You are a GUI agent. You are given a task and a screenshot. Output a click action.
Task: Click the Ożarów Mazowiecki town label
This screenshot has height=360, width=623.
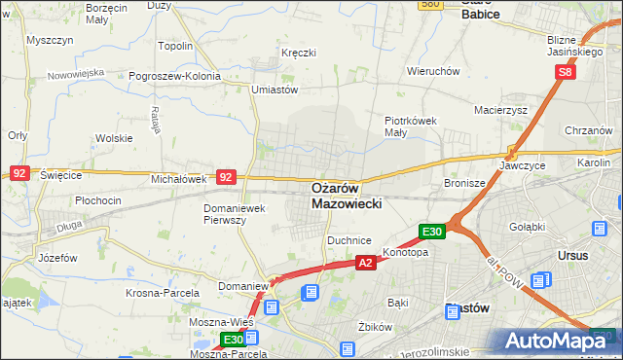click(349, 196)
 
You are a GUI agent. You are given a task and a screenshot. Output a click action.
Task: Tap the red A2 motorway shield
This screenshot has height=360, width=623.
click(365, 263)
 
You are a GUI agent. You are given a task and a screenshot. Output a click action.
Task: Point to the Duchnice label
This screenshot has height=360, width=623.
click(350, 239)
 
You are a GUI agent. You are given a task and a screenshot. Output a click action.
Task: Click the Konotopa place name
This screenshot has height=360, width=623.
click(406, 252)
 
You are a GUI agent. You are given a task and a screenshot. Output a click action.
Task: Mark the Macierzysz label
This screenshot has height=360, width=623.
click(500, 110)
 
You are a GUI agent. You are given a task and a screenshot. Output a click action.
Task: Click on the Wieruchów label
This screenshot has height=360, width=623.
click(433, 71)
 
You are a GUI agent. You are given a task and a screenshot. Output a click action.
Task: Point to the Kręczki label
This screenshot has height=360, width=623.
click(298, 52)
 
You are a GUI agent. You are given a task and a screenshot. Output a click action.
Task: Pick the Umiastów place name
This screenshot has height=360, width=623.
click(274, 90)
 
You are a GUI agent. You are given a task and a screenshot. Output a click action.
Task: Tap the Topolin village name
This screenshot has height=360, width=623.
click(175, 46)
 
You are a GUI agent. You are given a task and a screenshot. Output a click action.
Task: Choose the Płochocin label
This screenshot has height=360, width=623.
click(97, 200)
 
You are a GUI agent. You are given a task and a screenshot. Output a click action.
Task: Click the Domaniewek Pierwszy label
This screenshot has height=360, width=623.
click(235, 214)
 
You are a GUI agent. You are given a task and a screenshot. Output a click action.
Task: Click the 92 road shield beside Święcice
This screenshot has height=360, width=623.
click(18, 172)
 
